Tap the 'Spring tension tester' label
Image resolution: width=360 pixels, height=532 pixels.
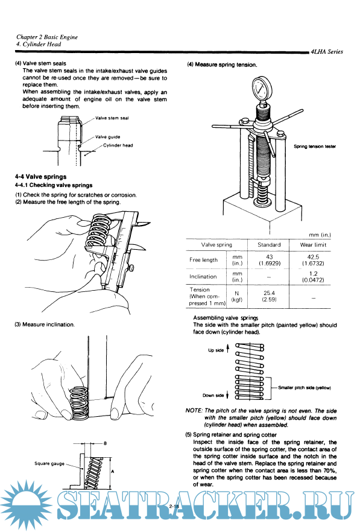(315, 147)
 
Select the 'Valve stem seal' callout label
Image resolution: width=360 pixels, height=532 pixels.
(112, 118)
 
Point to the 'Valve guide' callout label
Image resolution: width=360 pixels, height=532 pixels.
(107, 137)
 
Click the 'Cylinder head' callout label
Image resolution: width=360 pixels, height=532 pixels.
(118, 145)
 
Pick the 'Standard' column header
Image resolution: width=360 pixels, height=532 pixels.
(269, 245)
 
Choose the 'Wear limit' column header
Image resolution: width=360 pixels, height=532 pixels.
(313, 245)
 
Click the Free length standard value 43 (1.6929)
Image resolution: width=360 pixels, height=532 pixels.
(270, 260)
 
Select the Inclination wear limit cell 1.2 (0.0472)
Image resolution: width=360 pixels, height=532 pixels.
(313, 276)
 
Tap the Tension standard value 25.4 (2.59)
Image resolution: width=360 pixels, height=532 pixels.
(269, 296)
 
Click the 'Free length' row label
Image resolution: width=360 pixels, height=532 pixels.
(203, 260)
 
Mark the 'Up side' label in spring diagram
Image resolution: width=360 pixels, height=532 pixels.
(216, 350)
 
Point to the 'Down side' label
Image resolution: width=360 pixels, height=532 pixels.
(213, 395)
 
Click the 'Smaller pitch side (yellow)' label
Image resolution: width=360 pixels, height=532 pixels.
(305, 387)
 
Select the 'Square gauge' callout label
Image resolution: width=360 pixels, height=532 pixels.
(49, 463)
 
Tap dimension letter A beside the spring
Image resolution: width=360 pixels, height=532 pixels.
(112, 472)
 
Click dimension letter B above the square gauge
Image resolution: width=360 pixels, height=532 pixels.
(105, 443)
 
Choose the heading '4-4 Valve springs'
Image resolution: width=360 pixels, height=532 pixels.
(41, 177)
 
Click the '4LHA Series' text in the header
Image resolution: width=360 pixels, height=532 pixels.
(327, 52)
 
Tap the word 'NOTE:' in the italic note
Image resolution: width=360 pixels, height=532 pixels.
(194, 411)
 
